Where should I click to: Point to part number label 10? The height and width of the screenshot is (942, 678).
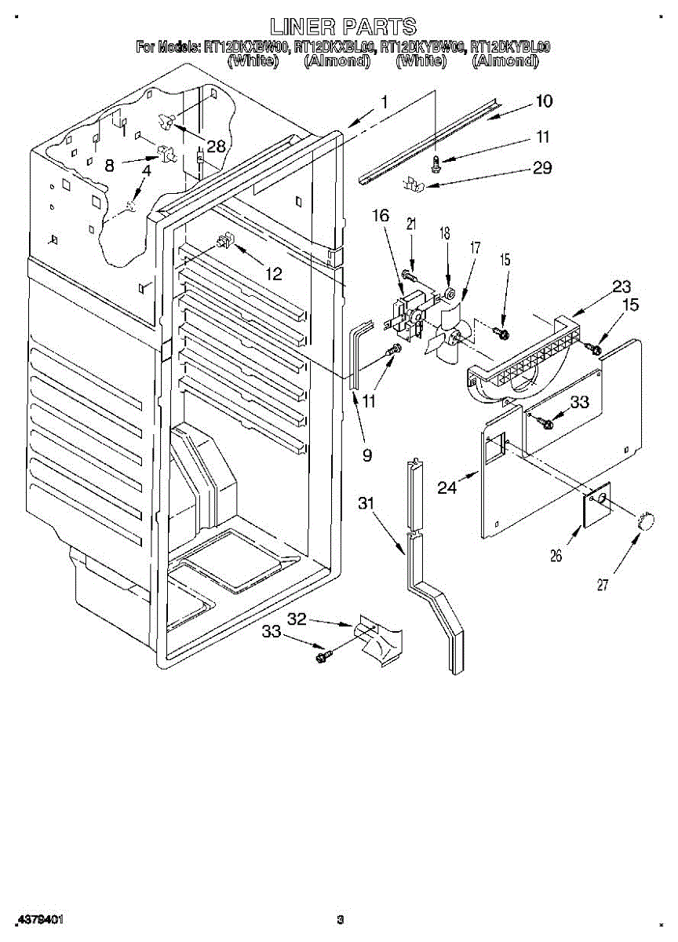543,100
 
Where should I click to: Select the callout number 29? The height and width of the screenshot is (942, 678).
541,167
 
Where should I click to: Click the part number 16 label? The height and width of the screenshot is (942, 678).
381,216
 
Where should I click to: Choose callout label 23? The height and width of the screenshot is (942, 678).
600,287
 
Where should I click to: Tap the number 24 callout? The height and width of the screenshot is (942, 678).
447,487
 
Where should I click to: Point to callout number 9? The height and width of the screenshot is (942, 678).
366,453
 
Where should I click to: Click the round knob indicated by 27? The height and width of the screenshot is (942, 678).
647,520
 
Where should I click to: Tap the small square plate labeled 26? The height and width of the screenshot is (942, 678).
598,502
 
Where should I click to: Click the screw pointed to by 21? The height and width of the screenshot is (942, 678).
409,276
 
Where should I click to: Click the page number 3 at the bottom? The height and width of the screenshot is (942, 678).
340,919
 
